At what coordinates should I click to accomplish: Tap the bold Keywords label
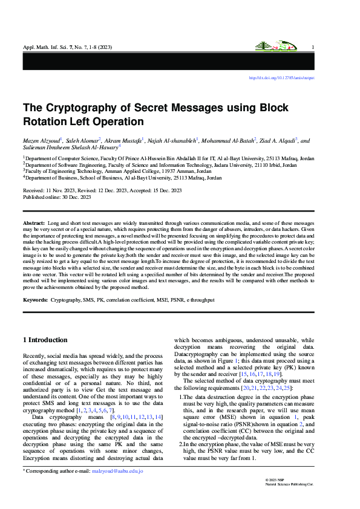[36, 300]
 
